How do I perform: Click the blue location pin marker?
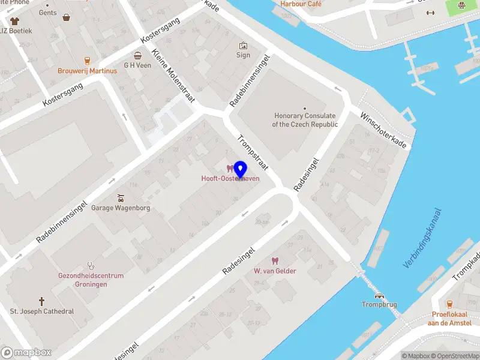point(241,170)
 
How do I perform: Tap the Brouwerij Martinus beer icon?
point(88,61)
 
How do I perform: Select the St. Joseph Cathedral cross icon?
point(42,301)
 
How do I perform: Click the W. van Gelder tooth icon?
point(275,261)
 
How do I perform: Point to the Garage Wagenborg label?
point(120,208)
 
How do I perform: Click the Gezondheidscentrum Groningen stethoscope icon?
point(91,265)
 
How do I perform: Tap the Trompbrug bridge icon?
point(379,295)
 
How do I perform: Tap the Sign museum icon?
point(243,46)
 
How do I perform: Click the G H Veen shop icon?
point(137,55)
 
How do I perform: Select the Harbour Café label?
point(301,4)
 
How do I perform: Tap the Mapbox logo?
point(26,353)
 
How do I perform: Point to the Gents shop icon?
point(65,18)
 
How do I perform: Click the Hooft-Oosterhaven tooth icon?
point(229,169)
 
